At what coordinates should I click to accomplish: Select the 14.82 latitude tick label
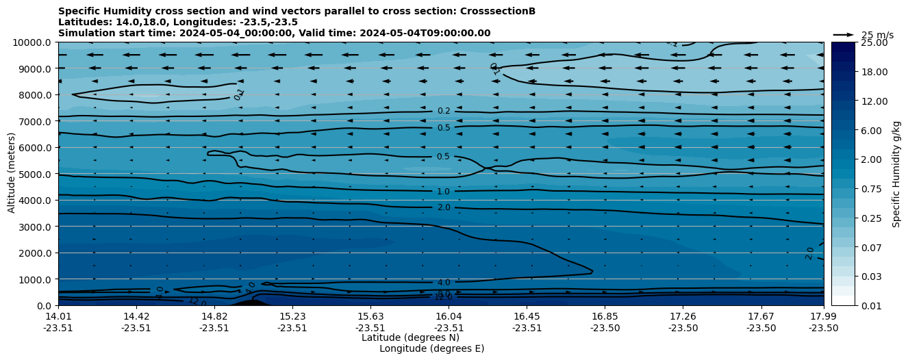pyautogui.click(x=214, y=316)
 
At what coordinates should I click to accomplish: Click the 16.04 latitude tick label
pyautogui.click(x=449, y=316)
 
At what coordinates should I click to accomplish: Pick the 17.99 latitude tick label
pyautogui.click(x=824, y=316)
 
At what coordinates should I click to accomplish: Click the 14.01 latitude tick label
pyautogui.click(x=58, y=316)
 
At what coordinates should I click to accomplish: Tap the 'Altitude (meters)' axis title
pyautogui.click(x=12, y=174)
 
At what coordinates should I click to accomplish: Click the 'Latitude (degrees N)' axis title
pyautogui.click(x=410, y=337)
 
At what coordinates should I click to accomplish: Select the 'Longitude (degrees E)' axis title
pyautogui.click(x=431, y=348)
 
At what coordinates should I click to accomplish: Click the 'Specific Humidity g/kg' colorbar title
pyautogui.click(x=896, y=174)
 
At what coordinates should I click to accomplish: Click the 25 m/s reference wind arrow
pyautogui.click(x=844, y=35)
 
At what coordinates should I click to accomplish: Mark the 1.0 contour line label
pyautogui.click(x=444, y=192)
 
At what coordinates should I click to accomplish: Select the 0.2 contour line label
pyautogui.click(x=444, y=111)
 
